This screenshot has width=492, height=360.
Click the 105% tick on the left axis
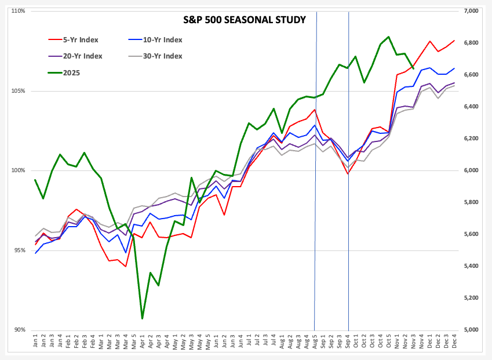pyautogui.click(x=17, y=91)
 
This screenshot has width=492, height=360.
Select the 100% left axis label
pyautogui.click(x=17, y=170)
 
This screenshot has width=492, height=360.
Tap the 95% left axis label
pyautogui.click(x=19, y=250)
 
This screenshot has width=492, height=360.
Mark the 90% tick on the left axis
pyautogui.click(x=19, y=330)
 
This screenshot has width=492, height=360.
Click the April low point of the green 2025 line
pyautogui.click(x=142, y=318)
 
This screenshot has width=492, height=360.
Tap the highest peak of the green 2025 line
pyautogui.click(x=388, y=37)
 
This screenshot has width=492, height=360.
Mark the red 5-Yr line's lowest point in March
pyautogui.click(x=125, y=267)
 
